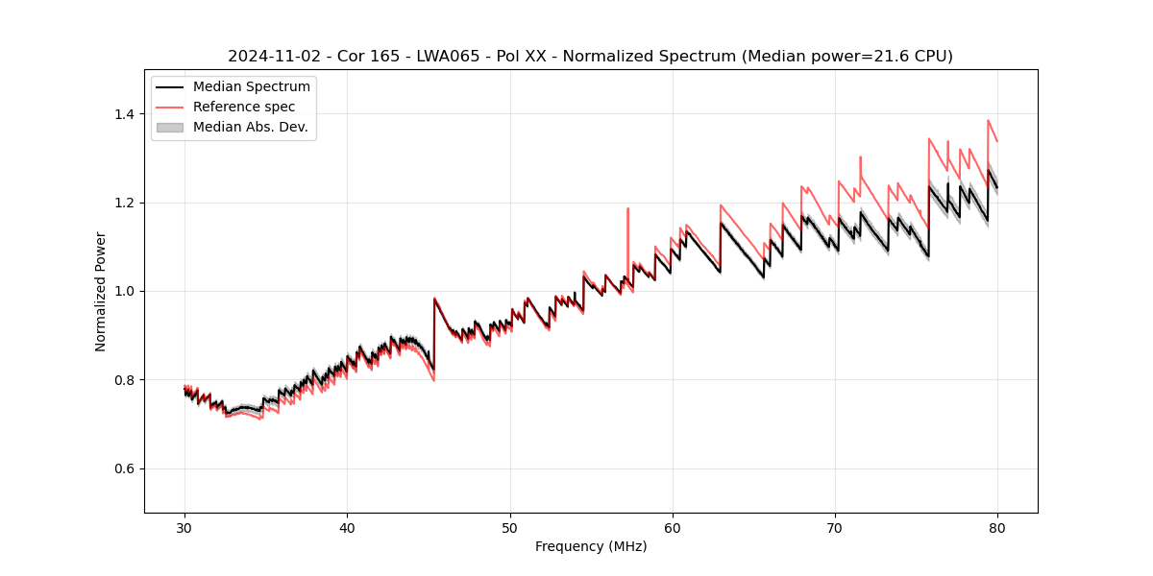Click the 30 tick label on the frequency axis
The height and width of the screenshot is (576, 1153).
[184, 527]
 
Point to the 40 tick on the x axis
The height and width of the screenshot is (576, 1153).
[347, 527]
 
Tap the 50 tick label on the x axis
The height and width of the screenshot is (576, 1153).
[509, 527]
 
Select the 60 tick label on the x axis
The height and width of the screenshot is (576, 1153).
[673, 527]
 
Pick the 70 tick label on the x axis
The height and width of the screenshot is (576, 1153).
[835, 527]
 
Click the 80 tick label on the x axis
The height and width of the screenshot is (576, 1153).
[997, 527]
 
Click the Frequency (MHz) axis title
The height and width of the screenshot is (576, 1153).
[591, 546]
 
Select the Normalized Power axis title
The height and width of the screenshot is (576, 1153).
[101, 291]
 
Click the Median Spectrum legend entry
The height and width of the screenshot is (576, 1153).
[251, 87]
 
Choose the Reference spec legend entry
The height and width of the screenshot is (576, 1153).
[244, 107]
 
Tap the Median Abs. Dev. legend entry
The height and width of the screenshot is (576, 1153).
[250, 127]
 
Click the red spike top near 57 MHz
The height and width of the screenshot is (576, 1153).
[627, 208]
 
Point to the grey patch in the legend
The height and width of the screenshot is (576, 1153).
[170, 127]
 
